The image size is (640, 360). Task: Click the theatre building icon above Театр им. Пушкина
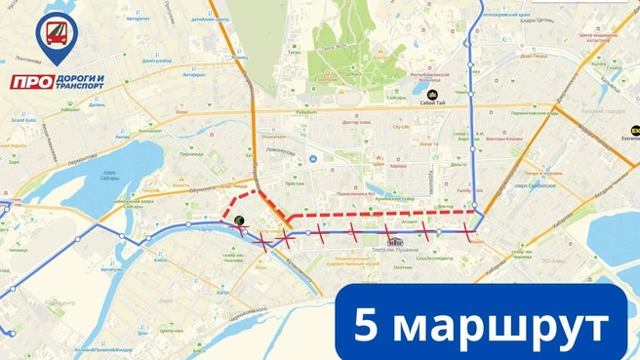(396, 240)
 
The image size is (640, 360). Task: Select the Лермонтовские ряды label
(537, 114)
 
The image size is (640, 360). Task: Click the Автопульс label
(138, 19)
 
